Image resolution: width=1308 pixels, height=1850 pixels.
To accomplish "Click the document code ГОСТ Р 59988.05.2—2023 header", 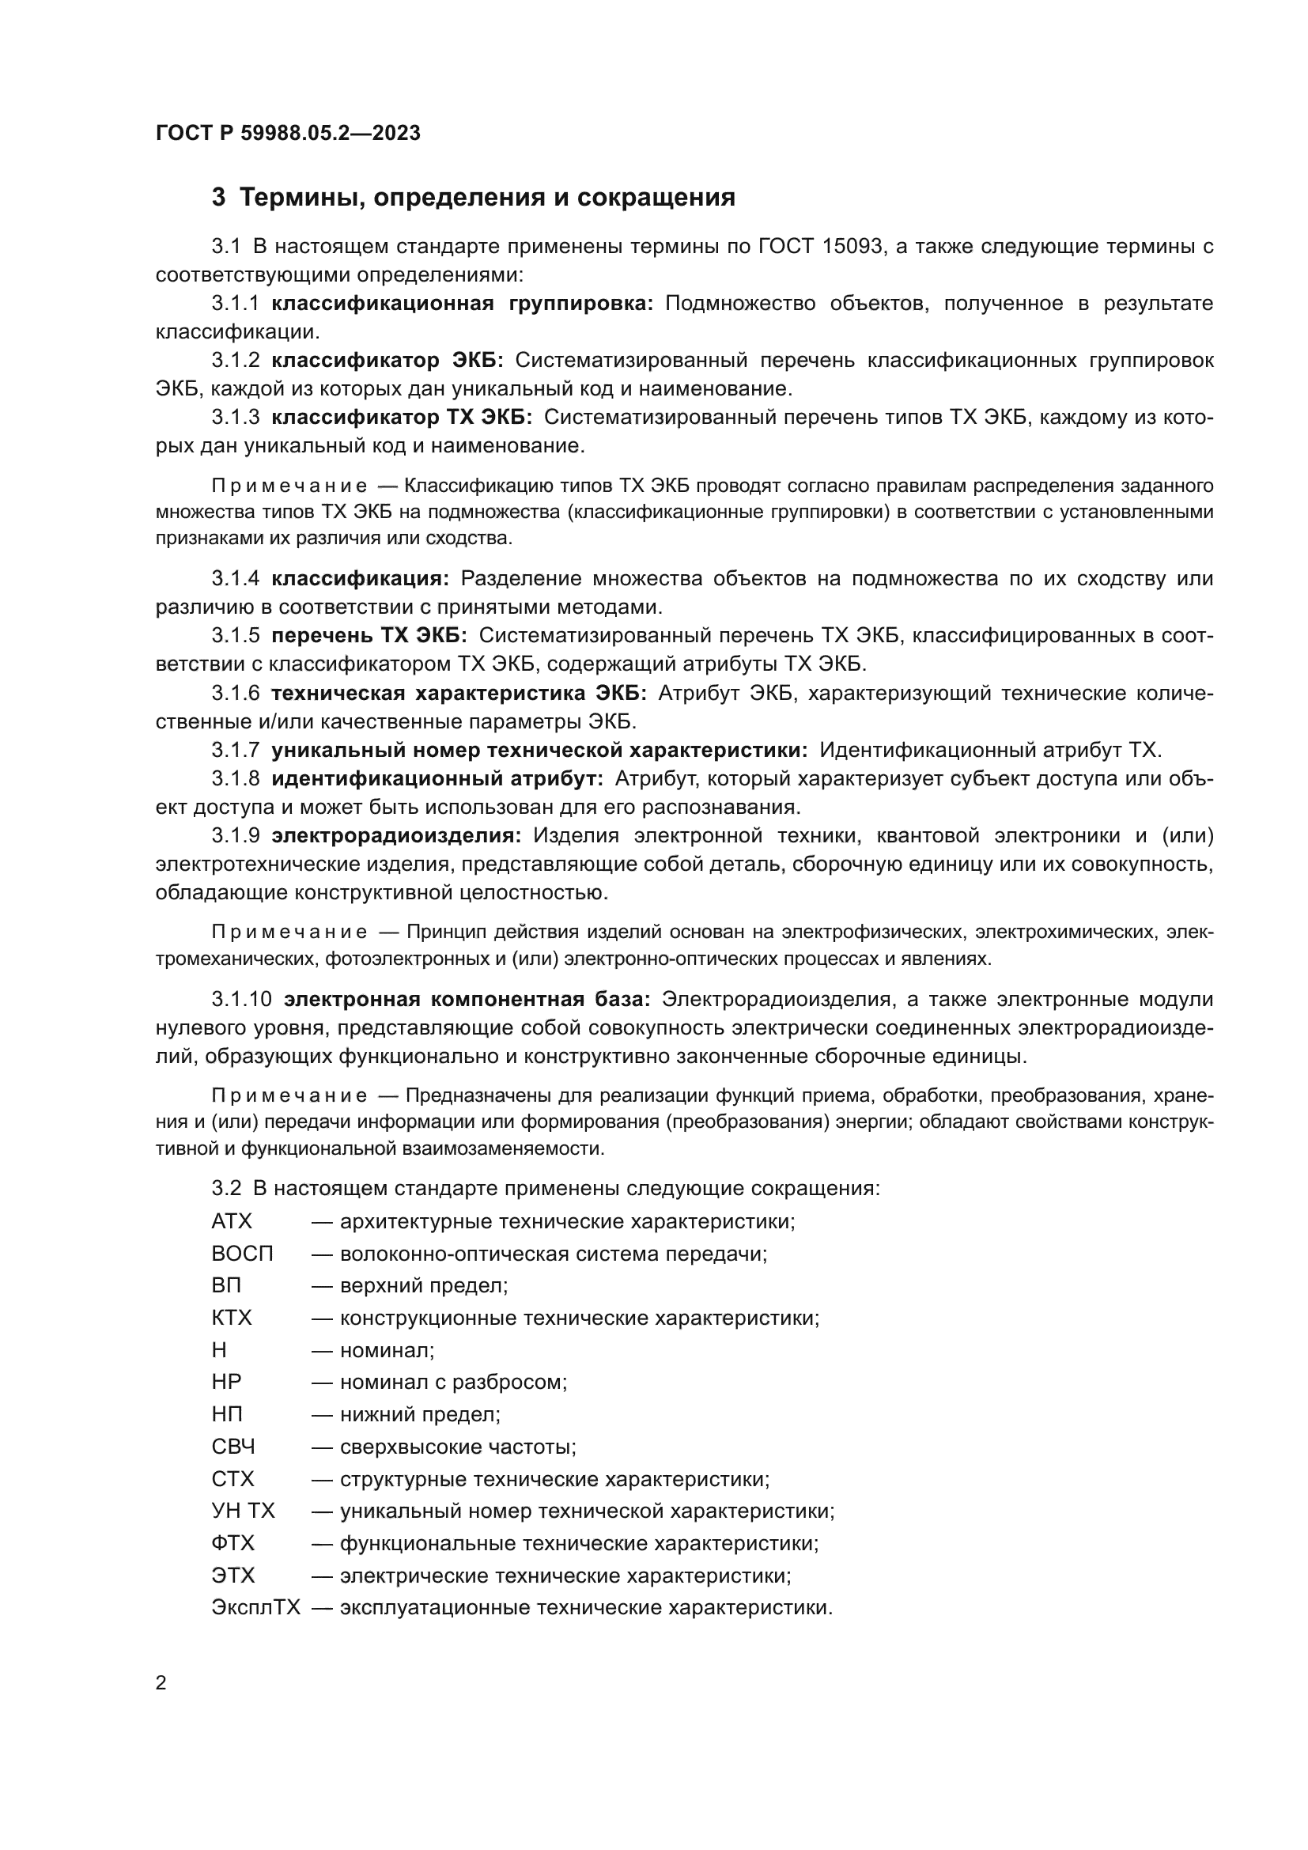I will point(288,133).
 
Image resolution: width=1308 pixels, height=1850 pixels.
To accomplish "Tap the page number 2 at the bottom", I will point(161,1682).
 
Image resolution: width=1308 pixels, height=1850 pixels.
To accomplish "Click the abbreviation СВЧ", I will point(233,1447).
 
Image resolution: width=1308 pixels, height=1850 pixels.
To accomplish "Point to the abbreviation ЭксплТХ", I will point(255,1608).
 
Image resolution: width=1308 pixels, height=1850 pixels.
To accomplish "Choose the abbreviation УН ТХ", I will point(244,1511).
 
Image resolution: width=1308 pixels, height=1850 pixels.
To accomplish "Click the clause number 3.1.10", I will point(242,1000).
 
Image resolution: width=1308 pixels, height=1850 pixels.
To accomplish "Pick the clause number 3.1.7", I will point(235,750).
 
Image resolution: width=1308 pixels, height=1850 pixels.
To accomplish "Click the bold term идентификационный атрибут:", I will point(437,779).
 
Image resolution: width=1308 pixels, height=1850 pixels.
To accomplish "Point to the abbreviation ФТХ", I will point(232,1544).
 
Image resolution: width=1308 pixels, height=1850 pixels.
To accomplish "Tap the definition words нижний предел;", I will point(420,1415).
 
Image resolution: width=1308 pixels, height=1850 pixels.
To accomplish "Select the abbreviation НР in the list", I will point(226,1383).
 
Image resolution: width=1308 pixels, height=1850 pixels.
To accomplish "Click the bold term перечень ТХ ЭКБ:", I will point(369,636).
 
